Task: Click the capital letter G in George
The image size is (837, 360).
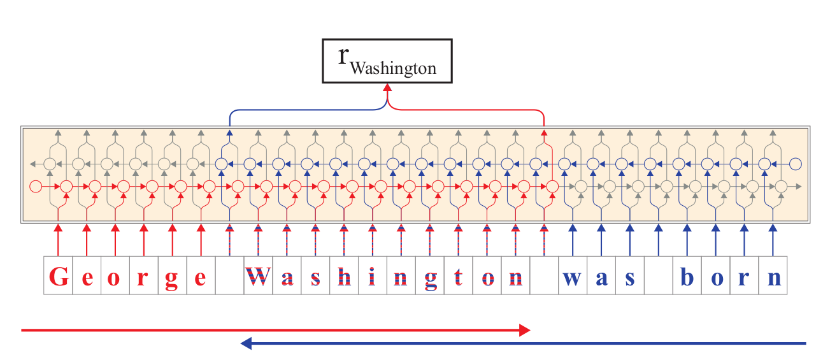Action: [x=59, y=277]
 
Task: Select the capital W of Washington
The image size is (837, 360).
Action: [x=258, y=277]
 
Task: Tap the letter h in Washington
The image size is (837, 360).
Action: [x=344, y=277]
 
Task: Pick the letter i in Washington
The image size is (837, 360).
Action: [x=372, y=277]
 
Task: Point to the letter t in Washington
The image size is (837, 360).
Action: [x=458, y=277]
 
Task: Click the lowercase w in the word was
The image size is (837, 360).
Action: [x=573, y=279]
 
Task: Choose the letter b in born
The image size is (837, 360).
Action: [x=687, y=277]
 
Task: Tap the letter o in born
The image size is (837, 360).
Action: [x=715, y=279]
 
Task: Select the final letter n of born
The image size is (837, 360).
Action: [x=773, y=279]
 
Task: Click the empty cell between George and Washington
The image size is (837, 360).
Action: [x=230, y=275]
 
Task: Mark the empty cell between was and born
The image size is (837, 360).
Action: [x=659, y=275]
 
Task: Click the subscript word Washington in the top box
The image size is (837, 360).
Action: [x=393, y=68]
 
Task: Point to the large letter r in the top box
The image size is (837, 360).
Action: [x=343, y=56]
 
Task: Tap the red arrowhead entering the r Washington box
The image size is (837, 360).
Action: [x=387, y=87]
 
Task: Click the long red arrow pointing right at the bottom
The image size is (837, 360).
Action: [x=276, y=330]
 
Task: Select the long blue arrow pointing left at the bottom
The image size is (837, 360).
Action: [x=523, y=343]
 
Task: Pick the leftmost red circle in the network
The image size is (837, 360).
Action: [x=36, y=186]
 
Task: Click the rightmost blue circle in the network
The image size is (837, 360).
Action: [x=796, y=164]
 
